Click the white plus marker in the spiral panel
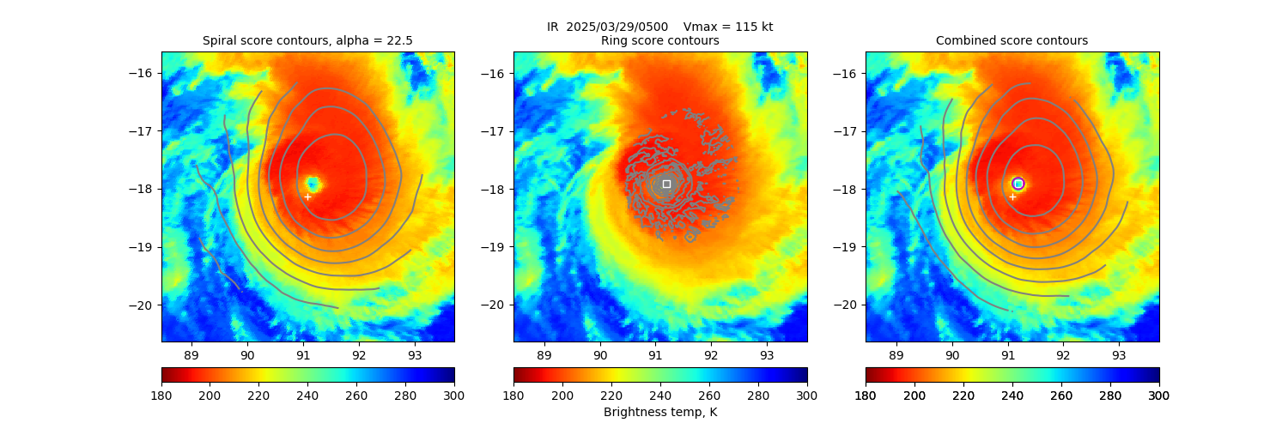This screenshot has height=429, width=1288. tap(307, 196)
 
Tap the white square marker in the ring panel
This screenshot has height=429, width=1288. tap(666, 184)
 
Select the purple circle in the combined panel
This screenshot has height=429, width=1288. tap(1018, 184)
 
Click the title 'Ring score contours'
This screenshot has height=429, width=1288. tap(660, 40)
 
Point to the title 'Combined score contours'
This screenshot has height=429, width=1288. tap(1012, 40)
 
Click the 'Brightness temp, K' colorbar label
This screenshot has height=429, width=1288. tap(660, 412)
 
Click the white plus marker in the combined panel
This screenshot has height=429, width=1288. tap(1012, 196)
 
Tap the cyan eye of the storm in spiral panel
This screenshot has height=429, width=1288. tap(313, 184)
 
